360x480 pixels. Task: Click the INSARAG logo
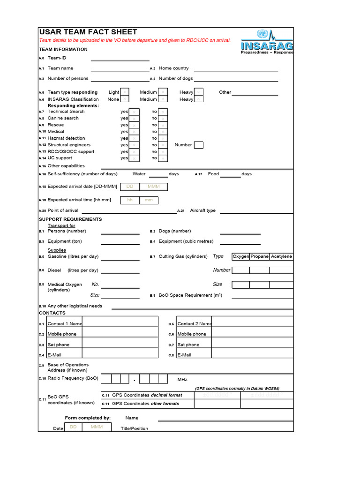(x=267, y=42)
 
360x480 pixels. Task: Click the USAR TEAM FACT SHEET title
(x=88, y=32)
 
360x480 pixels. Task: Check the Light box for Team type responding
(x=125, y=92)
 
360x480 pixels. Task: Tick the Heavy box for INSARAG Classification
(x=199, y=99)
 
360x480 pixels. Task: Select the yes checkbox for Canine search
(x=134, y=118)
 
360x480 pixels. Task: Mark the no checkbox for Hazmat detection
(x=163, y=138)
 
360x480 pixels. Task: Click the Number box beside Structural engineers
(x=198, y=145)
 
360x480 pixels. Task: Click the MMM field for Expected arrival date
(x=154, y=187)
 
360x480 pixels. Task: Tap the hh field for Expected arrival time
(x=130, y=200)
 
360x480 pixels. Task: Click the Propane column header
(x=260, y=256)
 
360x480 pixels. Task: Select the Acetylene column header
(x=281, y=256)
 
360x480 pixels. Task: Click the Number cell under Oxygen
(x=241, y=270)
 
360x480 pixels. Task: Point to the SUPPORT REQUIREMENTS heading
(x=70, y=219)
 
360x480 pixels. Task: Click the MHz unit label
(x=182, y=379)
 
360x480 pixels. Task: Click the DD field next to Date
(x=73, y=427)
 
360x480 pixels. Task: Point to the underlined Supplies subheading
(x=57, y=250)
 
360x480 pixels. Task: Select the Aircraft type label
(x=202, y=210)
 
